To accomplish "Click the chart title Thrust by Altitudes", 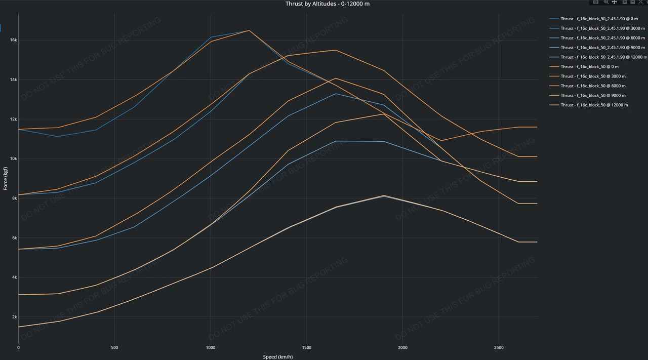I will (x=328, y=4).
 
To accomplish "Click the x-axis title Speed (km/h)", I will (x=277, y=356).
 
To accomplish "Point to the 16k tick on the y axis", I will (x=14, y=40).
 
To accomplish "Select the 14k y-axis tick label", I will (x=14, y=79).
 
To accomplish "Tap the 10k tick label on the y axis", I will (x=14, y=158).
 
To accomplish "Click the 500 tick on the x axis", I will (x=114, y=348).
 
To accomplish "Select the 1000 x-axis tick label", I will (x=211, y=348).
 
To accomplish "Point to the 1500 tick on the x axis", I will (x=307, y=348).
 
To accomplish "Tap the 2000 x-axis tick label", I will (x=403, y=348).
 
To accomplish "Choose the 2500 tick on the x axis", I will (x=499, y=348).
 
